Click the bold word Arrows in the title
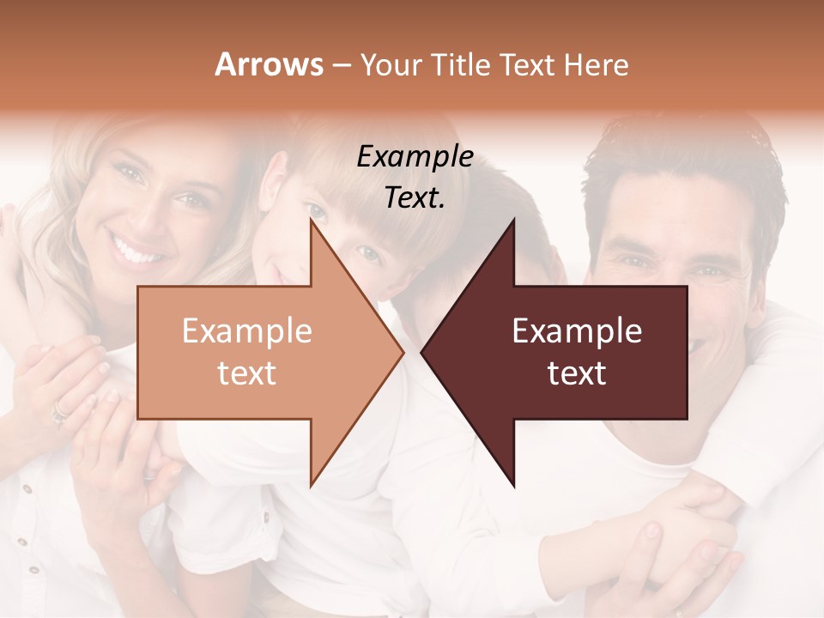click(269, 64)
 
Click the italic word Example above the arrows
click(415, 157)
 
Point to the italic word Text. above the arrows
click(415, 198)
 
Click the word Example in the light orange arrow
click(247, 331)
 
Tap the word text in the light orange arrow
click(247, 373)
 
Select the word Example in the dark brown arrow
click(577, 331)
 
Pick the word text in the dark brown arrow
click(577, 373)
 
